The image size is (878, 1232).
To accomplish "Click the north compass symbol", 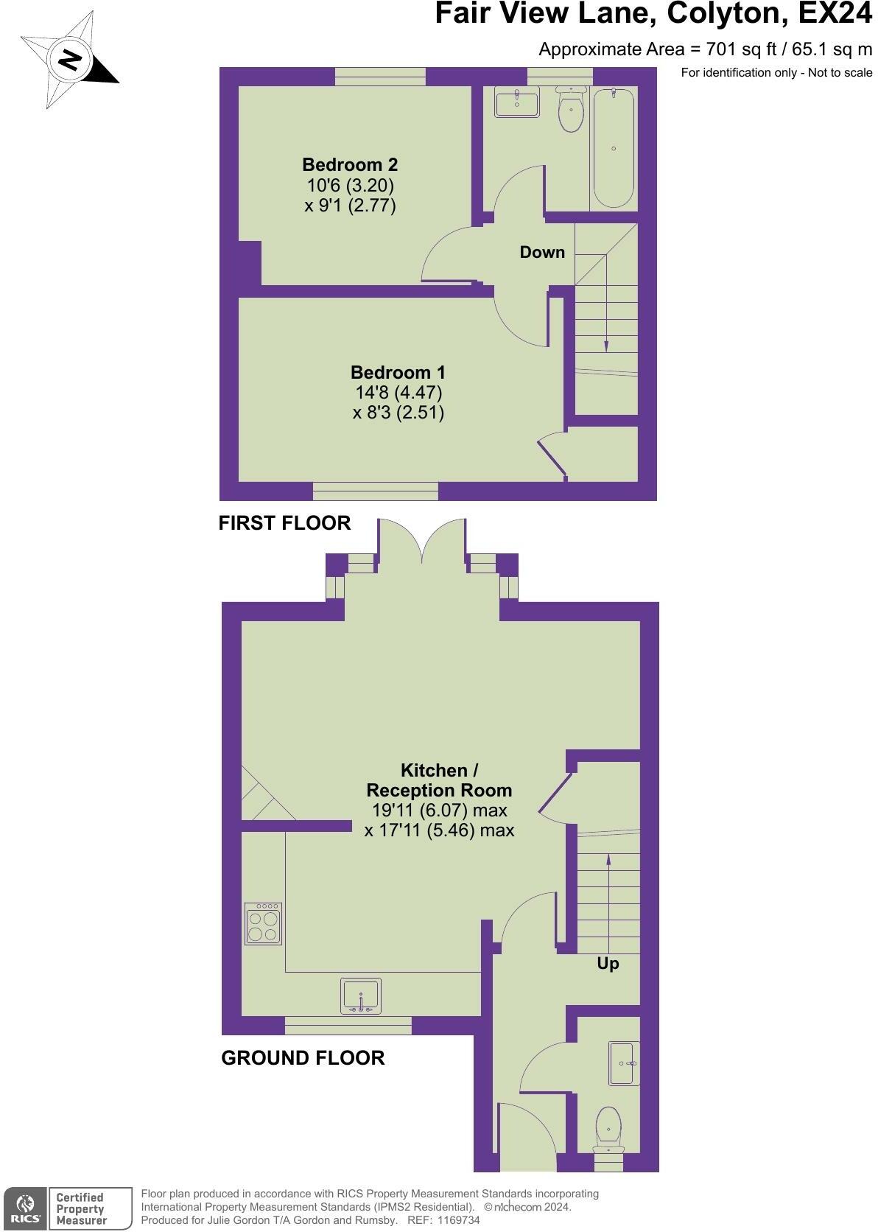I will (69, 60).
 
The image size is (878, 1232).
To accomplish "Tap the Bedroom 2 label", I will (350, 164).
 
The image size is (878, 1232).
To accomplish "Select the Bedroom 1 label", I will (398, 372).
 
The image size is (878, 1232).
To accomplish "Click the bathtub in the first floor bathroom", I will (613, 148).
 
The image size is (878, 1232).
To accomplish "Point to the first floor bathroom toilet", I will (571, 111).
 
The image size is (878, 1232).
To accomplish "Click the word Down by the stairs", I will (542, 252).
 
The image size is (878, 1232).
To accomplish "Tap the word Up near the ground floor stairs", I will (608, 964).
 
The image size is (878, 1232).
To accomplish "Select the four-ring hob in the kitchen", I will (264, 923).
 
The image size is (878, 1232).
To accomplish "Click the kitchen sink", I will (361, 995).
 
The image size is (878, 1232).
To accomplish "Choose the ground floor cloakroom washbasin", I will (625, 1063).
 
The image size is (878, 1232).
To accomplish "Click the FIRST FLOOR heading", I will (284, 523).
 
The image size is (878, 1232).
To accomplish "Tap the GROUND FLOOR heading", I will (303, 1058).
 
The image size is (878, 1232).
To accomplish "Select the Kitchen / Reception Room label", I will (439, 780).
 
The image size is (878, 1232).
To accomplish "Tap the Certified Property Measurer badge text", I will (81, 1209).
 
